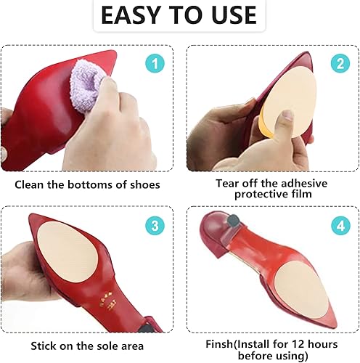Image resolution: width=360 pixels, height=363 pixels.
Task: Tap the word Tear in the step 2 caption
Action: [228, 183]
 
